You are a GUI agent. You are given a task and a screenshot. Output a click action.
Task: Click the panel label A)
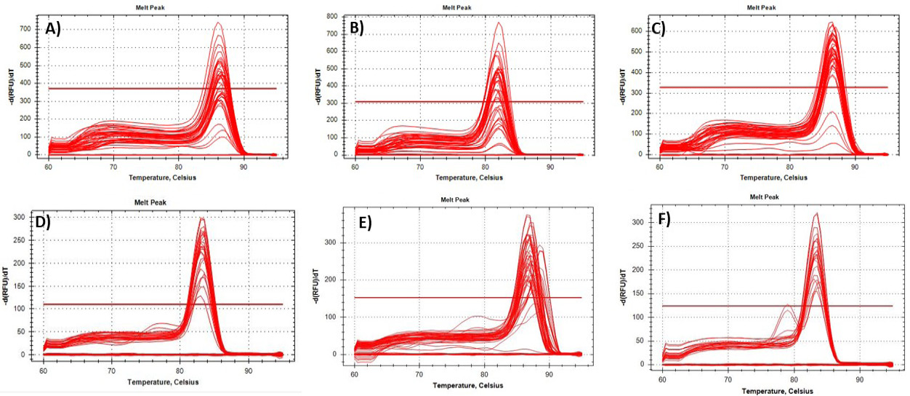[x=53, y=29]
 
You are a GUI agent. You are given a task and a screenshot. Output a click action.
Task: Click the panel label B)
[x=357, y=28]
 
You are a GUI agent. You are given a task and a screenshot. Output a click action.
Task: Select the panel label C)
[x=658, y=28]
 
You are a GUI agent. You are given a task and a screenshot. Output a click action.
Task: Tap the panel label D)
[x=43, y=222]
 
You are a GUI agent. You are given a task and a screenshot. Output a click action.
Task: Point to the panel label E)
[x=365, y=223]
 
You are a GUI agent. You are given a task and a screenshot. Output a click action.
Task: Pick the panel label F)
[x=664, y=219]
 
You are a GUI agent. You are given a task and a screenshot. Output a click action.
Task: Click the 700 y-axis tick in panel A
[x=25, y=29]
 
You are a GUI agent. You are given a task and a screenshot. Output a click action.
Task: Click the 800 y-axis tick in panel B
[x=332, y=16]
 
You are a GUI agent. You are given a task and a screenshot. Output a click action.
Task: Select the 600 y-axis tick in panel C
[x=636, y=31]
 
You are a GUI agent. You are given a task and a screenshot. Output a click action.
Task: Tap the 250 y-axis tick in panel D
[x=20, y=240]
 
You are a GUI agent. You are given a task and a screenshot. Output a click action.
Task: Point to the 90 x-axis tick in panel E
[x=549, y=374]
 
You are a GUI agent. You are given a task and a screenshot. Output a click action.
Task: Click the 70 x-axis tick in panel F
[x=728, y=380]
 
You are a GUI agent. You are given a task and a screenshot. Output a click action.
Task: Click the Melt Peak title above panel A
[x=150, y=7]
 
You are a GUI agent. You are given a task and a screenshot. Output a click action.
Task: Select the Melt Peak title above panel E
[x=455, y=200]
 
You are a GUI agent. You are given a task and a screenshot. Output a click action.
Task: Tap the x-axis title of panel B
[x=470, y=178]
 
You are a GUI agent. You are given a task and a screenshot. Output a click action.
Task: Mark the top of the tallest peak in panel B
[x=499, y=23]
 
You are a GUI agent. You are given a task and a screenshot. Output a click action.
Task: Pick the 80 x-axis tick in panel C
[x=789, y=167]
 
